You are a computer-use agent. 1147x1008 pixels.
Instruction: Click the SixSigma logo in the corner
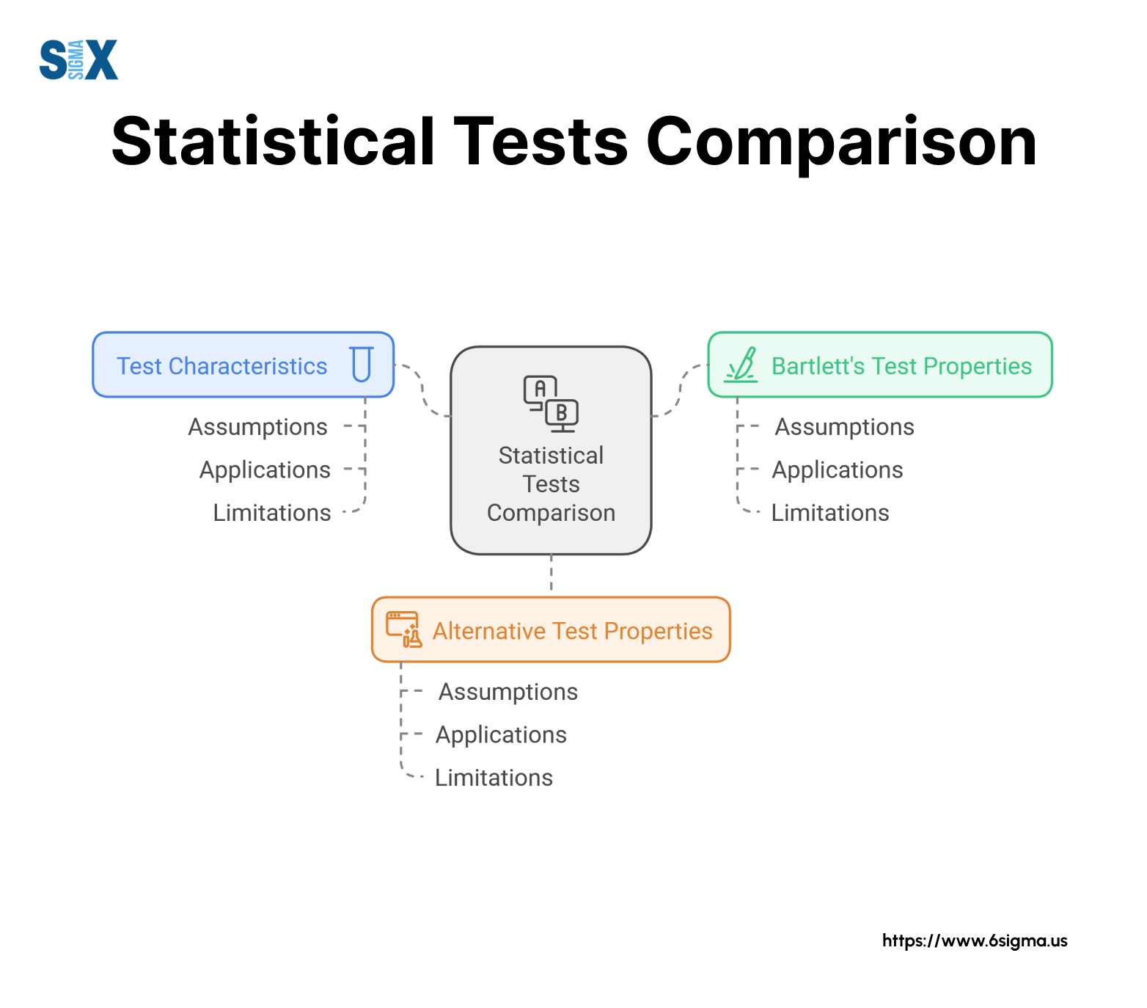(x=78, y=59)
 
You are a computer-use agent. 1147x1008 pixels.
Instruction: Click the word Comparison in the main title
(x=841, y=142)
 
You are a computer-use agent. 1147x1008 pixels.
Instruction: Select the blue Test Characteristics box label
(x=222, y=366)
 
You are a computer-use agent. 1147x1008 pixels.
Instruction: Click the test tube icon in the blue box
(x=362, y=365)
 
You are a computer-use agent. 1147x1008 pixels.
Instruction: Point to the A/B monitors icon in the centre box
(x=551, y=403)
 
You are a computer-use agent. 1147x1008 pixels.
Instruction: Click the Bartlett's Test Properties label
(x=901, y=366)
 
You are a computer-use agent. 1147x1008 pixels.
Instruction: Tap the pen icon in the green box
(x=741, y=365)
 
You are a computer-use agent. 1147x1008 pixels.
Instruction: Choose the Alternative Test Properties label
(x=573, y=631)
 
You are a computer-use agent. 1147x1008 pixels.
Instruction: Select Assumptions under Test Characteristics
(x=258, y=428)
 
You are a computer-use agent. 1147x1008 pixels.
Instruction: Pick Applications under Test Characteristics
(x=265, y=470)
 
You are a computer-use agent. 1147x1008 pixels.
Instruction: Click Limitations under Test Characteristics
(x=272, y=513)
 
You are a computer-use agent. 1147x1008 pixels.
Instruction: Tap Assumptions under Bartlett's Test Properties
(x=845, y=428)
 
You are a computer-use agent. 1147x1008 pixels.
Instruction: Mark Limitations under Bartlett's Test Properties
(x=830, y=513)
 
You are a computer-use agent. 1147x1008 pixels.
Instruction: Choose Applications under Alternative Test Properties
(x=502, y=735)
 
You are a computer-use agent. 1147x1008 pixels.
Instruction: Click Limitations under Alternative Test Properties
(x=494, y=778)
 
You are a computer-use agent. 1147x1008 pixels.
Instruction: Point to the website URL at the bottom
(x=975, y=941)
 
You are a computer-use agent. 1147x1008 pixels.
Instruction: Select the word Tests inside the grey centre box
(x=551, y=484)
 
